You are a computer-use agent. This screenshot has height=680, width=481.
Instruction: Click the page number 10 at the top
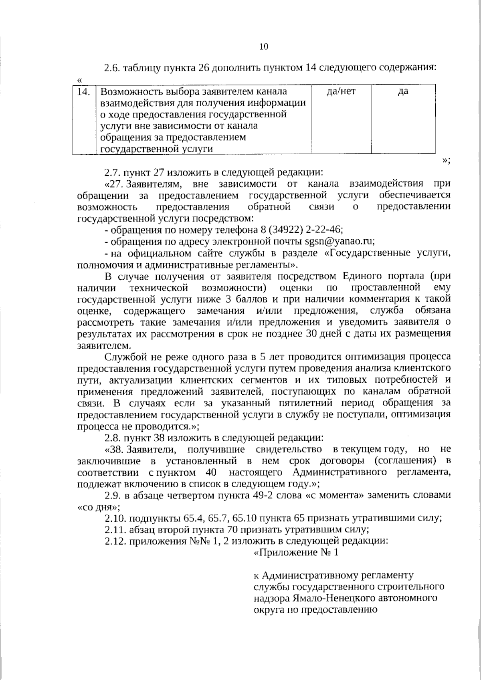264,46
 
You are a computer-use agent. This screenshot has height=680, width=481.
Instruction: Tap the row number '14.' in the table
83,92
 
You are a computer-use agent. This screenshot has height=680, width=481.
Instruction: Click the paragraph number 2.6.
112,68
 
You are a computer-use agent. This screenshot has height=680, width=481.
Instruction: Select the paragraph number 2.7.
112,173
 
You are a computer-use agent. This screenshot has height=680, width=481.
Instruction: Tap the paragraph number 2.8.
112,437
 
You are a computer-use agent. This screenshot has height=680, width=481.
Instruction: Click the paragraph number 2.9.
112,495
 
